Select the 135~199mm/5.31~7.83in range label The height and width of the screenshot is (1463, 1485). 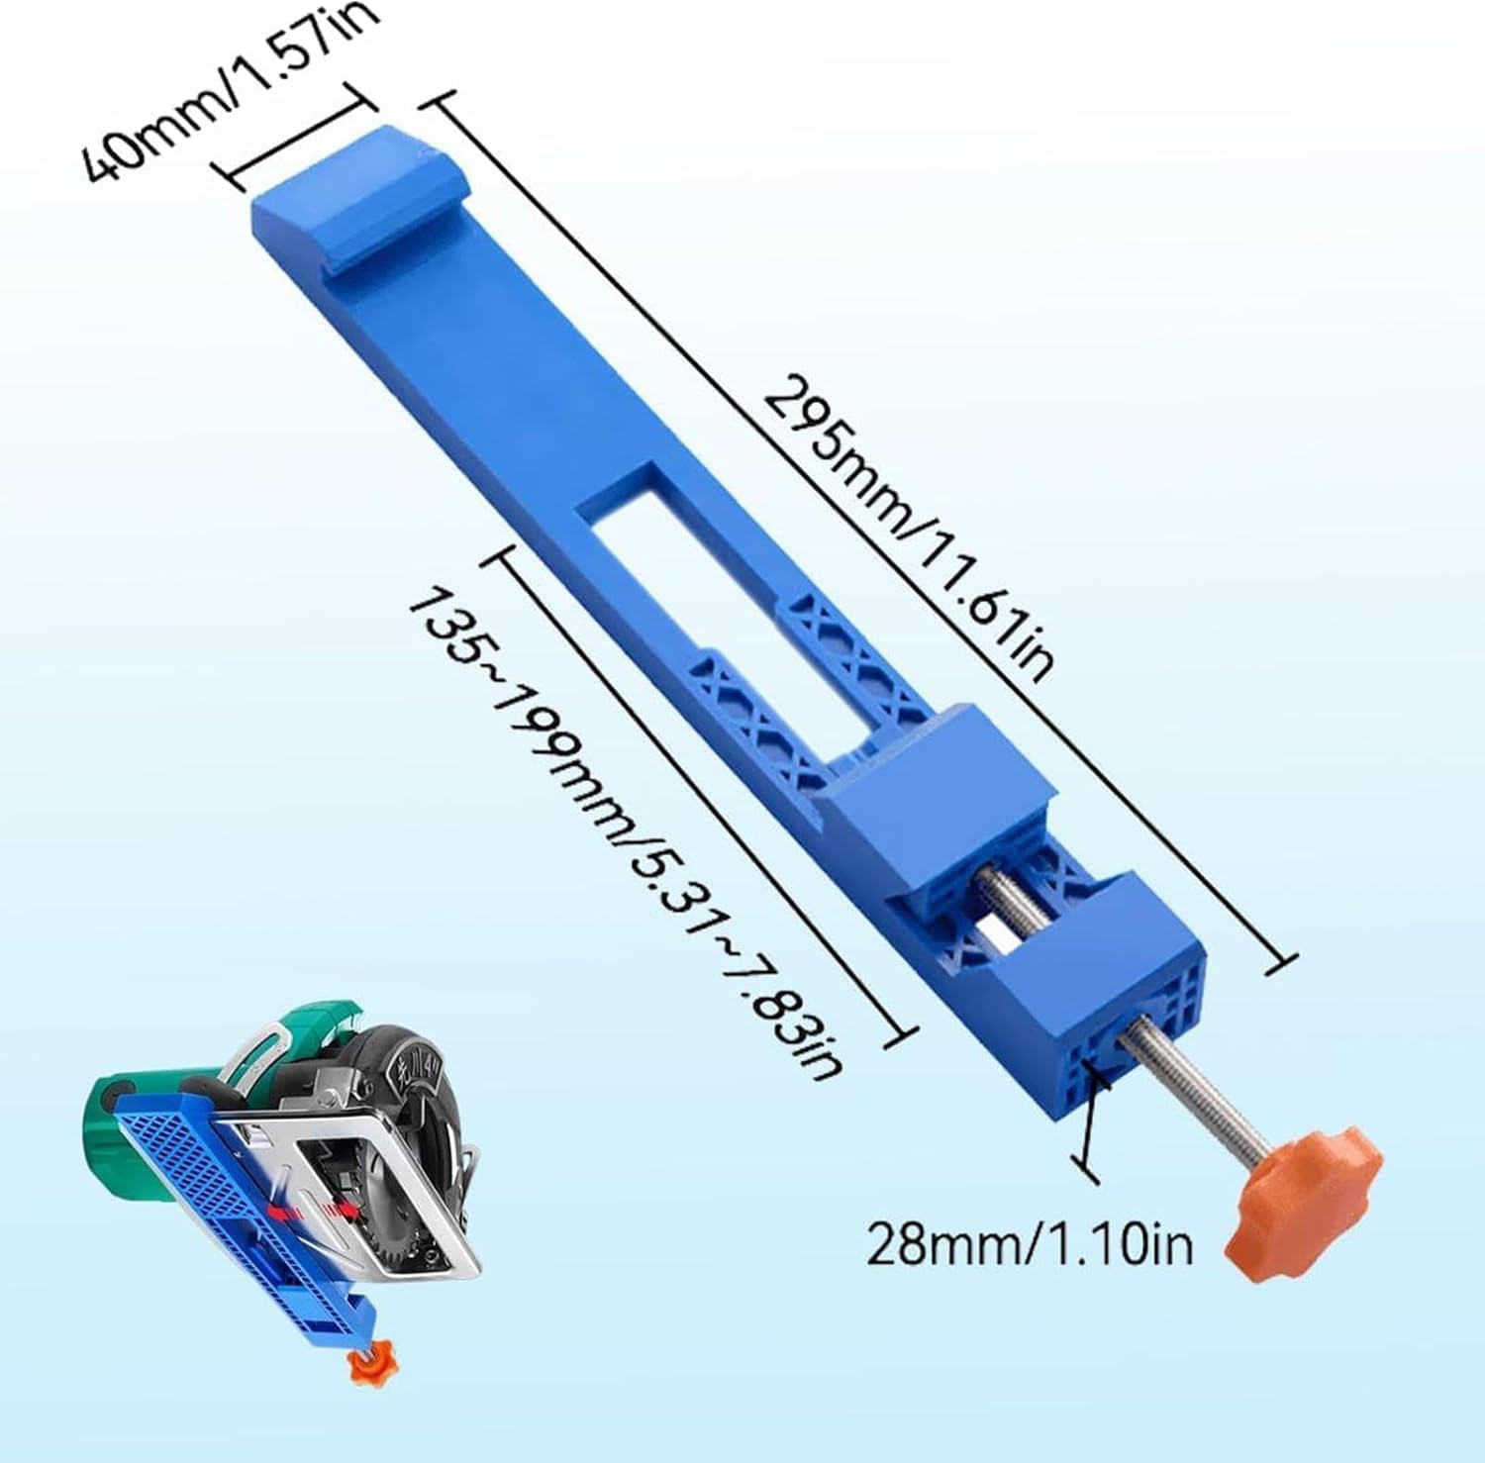[x=624, y=831]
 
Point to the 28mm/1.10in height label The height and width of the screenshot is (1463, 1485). [x=1030, y=1243]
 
